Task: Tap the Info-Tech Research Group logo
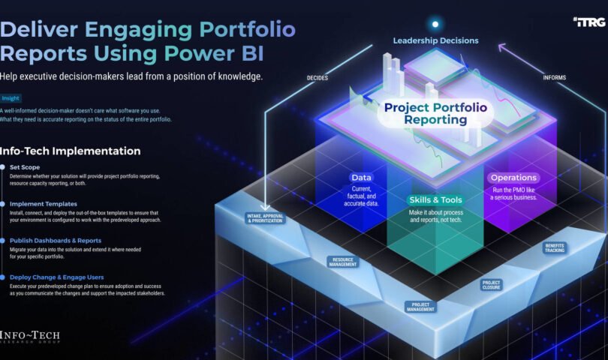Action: coord(30,337)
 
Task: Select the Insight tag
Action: coord(11,98)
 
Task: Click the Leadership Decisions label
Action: coord(435,40)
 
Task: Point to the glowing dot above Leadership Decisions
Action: coord(435,24)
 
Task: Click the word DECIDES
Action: coord(318,77)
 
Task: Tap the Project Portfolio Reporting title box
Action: coord(435,113)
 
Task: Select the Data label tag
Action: coord(362,178)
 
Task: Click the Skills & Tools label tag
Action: coord(435,200)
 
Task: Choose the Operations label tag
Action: coord(513,178)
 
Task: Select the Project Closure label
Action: coord(492,284)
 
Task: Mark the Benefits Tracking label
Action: coord(555,247)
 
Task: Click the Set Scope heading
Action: coord(25,166)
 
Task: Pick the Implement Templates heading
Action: coord(43,203)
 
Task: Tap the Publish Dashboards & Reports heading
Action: coord(56,240)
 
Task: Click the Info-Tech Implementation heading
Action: coord(71,151)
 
